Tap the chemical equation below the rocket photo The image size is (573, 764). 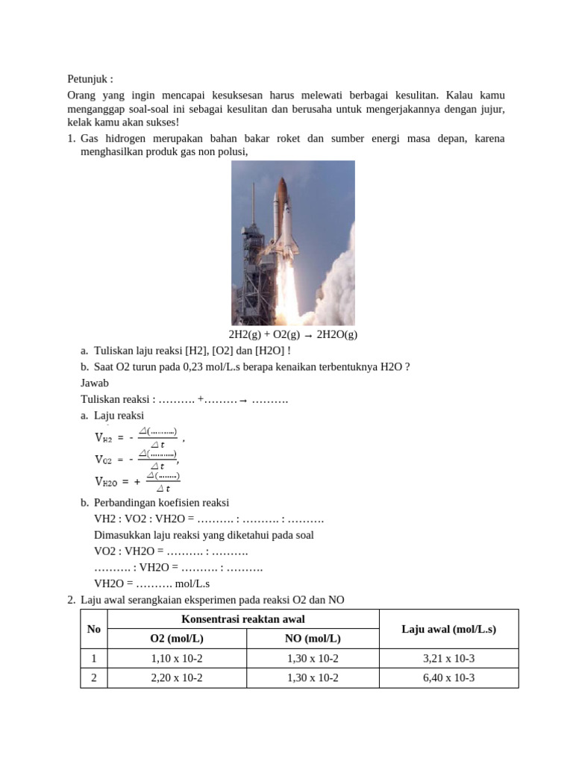click(292, 334)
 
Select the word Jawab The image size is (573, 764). click(94, 383)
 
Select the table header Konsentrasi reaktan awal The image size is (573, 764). click(243, 619)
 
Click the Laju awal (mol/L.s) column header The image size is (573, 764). click(448, 629)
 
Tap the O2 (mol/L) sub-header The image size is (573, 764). click(177, 639)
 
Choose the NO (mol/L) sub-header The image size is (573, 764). click(313, 639)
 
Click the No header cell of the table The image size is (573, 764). click(94, 629)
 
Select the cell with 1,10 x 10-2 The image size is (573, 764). click(177, 659)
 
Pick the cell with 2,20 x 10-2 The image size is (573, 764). click(177, 678)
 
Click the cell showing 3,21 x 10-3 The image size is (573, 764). click(448, 659)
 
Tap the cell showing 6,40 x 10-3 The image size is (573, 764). click(448, 678)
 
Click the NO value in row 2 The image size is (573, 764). click(313, 678)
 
